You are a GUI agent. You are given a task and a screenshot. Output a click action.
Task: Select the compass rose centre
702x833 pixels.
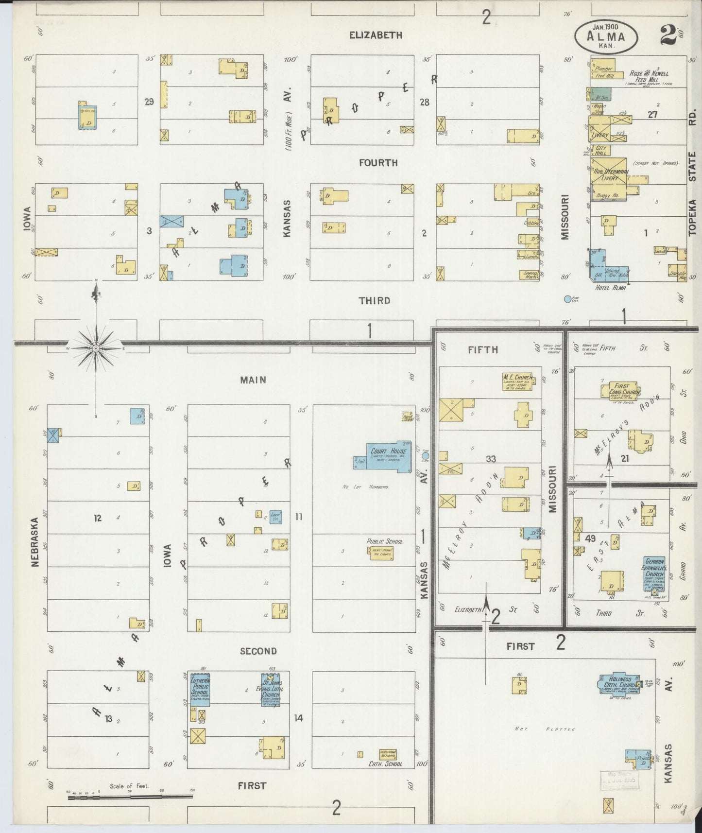tap(96, 348)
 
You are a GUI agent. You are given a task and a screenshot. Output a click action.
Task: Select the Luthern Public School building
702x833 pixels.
tap(200, 689)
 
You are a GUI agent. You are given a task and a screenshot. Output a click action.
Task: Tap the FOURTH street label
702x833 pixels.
tap(378, 163)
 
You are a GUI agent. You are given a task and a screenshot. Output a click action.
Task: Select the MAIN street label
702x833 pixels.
tap(253, 380)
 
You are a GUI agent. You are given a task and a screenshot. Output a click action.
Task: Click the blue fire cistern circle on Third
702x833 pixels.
tap(567, 299)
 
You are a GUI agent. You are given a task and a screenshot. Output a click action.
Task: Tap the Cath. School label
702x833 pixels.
tap(385, 764)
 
